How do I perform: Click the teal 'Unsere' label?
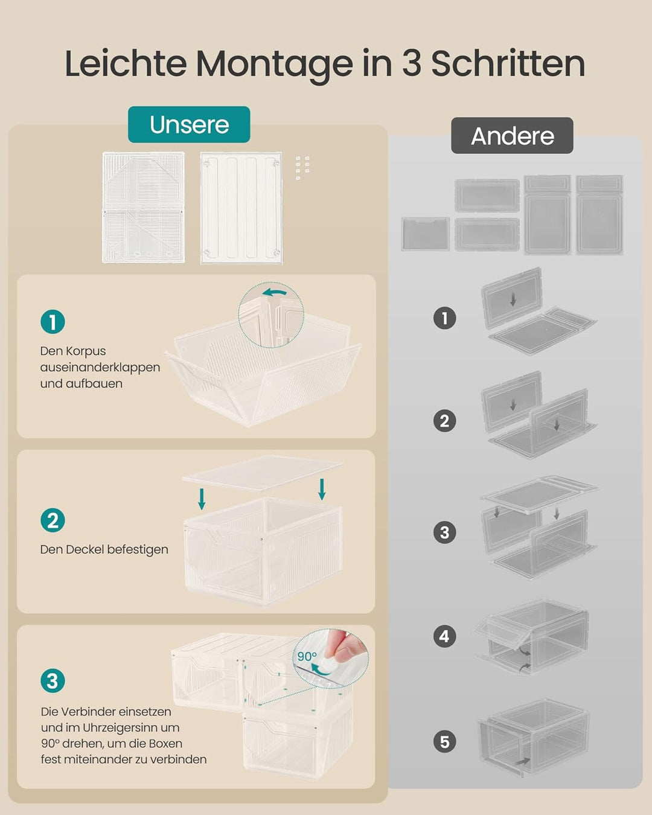189,124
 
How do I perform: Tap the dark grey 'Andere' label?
512,136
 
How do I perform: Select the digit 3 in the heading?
412,63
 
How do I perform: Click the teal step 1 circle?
53,322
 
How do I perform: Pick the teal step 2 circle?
53,520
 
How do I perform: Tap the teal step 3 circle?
53,680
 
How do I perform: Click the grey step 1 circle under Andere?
445,318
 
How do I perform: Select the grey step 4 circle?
445,636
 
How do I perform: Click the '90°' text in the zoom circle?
307,656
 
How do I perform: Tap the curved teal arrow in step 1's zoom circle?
275,292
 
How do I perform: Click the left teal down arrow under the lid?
202,499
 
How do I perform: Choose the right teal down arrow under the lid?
322,489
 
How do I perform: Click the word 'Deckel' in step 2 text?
85,549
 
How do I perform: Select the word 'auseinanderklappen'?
100,368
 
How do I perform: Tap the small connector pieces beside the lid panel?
302,167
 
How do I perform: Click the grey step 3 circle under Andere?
445,532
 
